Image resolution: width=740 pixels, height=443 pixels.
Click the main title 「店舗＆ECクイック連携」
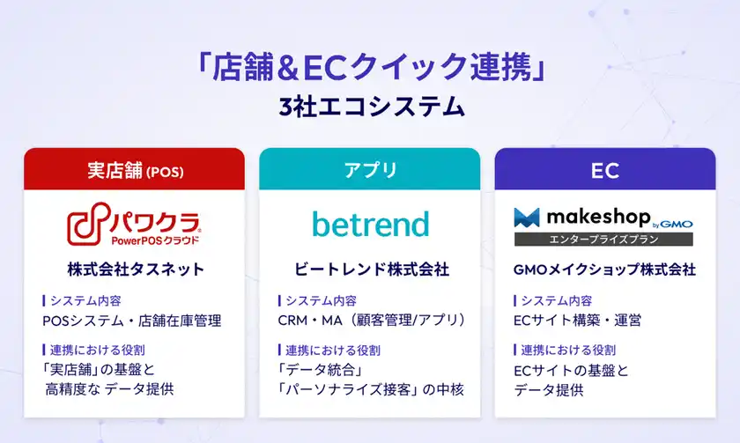(370, 69)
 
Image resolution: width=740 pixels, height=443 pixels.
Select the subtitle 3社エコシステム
(370, 107)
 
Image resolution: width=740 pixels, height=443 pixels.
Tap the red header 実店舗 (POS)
(134, 169)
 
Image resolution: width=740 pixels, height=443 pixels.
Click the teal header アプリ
(370, 169)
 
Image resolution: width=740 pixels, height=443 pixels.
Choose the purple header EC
(605, 169)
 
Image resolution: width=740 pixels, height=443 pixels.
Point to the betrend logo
(370, 224)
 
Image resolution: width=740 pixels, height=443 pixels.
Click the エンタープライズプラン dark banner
(604, 240)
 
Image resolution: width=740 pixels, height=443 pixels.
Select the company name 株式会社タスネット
(135, 269)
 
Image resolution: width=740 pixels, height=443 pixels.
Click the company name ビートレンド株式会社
(370, 269)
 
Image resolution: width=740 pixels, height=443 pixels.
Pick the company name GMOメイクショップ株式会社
(604, 269)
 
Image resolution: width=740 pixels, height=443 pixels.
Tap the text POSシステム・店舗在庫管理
(131, 321)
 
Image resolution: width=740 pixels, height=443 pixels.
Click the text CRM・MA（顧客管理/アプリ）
(371, 321)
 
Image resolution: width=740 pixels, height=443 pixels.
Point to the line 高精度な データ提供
(109, 388)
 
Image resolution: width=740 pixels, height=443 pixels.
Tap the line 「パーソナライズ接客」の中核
(371, 388)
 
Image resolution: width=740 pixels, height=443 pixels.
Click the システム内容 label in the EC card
(556, 300)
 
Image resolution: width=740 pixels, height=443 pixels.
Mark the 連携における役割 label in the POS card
(99, 350)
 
